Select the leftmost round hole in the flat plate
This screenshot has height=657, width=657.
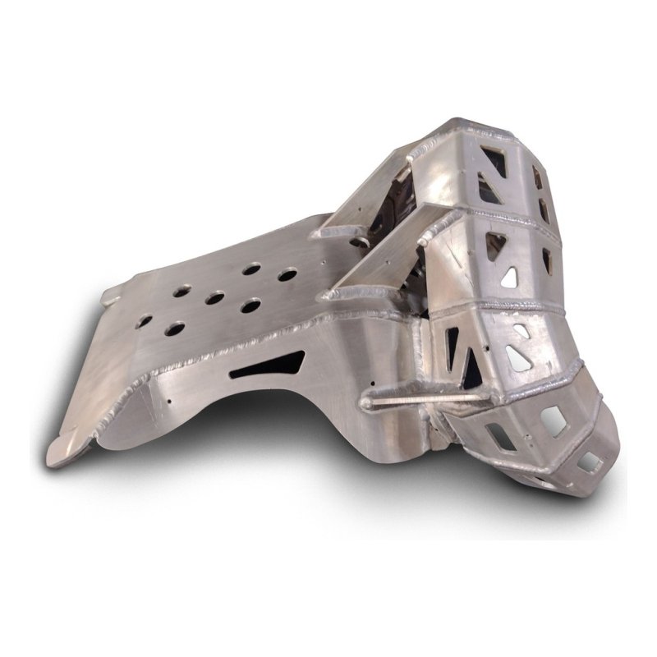point(174,328)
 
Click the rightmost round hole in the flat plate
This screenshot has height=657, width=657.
point(286,273)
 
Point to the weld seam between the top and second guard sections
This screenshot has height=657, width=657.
point(501,218)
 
